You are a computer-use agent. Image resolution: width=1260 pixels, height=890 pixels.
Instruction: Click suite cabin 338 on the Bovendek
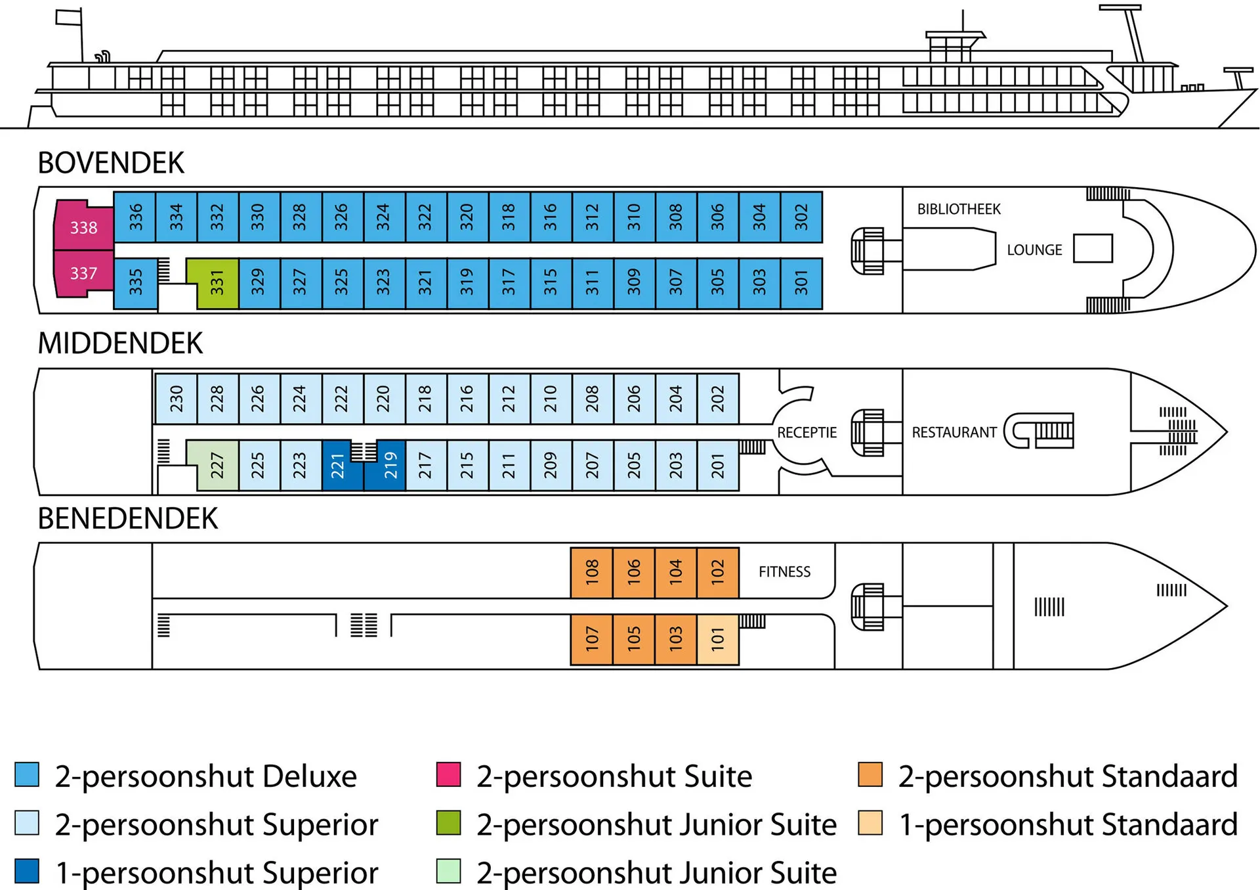(x=83, y=227)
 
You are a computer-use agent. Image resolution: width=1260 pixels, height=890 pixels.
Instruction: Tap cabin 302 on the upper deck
(x=801, y=217)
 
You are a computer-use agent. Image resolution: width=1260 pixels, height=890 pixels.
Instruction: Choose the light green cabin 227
(x=217, y=466)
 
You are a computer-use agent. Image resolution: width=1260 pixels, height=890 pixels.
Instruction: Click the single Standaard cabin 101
(x=717, y=638)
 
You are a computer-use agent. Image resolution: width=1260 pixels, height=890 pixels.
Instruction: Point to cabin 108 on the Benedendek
(x=592, y=572)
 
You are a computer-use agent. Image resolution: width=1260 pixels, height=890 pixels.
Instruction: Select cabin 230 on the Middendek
(x=176, y=399)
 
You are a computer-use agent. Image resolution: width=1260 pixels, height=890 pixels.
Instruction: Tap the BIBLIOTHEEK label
(x=958, y=210)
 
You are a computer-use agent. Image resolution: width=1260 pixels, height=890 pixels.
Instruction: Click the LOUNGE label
(x=1034, y=250)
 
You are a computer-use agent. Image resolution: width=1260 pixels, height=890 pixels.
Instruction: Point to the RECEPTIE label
(x=807, y=433)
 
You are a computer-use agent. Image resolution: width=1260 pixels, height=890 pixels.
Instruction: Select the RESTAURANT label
(x=954, y=433)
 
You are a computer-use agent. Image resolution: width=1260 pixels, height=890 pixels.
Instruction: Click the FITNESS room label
(x=784, y=572)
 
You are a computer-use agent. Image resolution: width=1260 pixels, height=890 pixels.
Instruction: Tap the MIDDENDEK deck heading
(x=120, y=344)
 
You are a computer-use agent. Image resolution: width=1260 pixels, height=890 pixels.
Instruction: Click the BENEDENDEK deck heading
(x=127, y=519)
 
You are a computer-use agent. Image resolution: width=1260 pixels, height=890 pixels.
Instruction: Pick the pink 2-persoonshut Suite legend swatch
(x=448, y=774)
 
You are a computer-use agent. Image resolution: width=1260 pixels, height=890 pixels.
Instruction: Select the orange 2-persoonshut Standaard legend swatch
(x=870, y=774)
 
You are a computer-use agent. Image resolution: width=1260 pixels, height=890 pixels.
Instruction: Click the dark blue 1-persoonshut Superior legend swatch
(x=27, y=871)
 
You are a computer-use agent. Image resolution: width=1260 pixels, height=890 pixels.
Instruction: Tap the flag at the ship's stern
(x=68, y=17)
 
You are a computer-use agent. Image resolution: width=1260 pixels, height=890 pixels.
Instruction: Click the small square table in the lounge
(x=1093, y=248)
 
